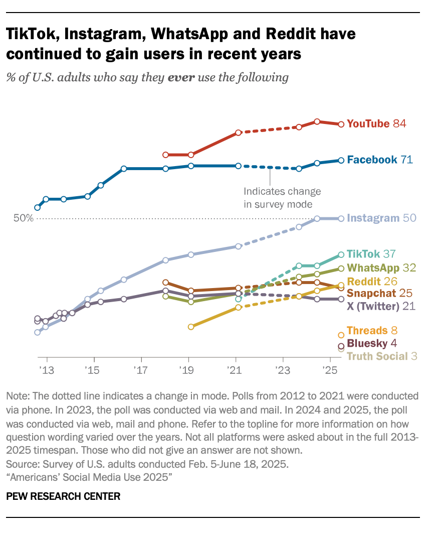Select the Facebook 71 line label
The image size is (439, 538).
379,160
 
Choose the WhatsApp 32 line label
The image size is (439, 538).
380,268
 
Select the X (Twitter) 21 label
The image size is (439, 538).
381,306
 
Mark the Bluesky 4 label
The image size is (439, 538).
372,344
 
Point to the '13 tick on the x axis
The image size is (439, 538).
47,370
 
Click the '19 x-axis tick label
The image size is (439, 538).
188,370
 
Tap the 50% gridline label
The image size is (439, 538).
23,218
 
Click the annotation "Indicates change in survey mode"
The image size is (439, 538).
282,198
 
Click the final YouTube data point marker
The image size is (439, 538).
341,124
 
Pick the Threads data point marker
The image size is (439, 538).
341,335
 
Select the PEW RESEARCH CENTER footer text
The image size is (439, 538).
63,496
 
